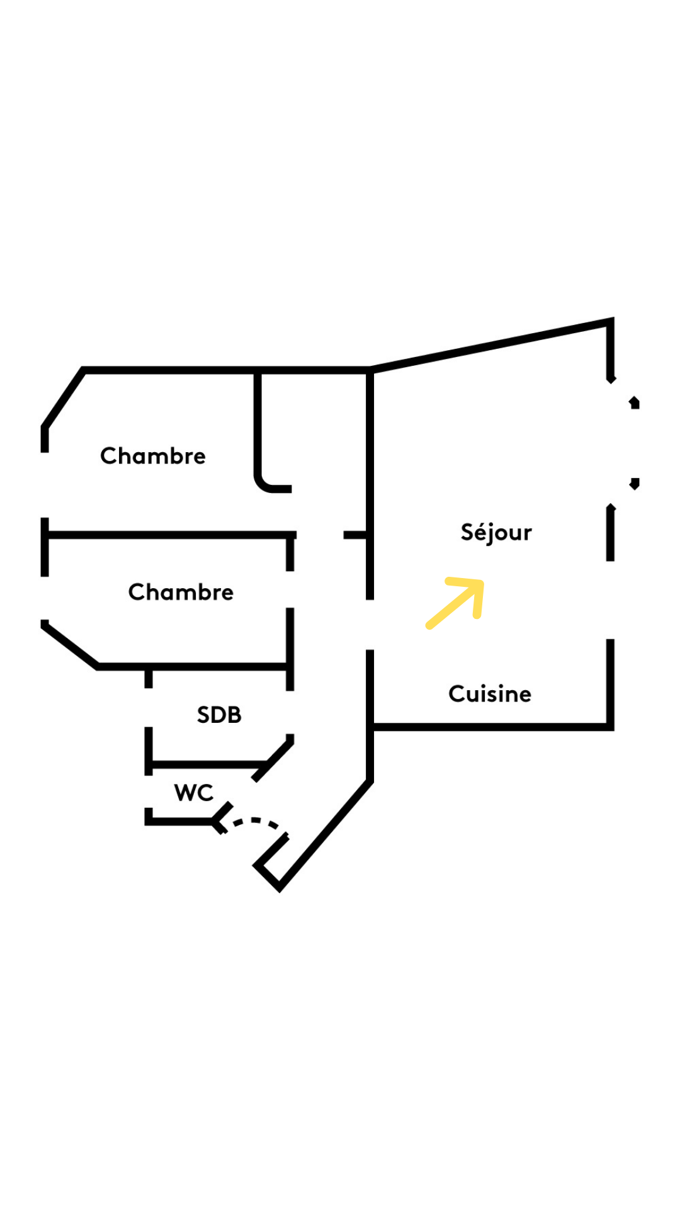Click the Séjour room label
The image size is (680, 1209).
click(x=496, y=533)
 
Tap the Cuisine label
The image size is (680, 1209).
click(x=490, y=694)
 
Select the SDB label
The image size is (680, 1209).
click(x=219, y=715)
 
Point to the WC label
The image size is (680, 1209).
click(x=194, y=793)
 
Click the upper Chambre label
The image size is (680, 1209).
click(x=153, y=456)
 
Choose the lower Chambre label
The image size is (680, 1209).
click(x=181, y=592)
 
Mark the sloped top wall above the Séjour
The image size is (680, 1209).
click(x=491, y=344)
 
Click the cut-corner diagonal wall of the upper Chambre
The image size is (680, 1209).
click(x=63, y=399)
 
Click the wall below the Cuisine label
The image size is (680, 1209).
click(x=491, y=727)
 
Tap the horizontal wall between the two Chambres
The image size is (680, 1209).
click(x=170, y=535)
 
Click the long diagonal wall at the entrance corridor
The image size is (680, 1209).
click(x=324, y=835)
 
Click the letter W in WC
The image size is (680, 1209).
click(x=184, y=793)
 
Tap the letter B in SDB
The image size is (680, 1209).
click(x=234, y=715)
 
